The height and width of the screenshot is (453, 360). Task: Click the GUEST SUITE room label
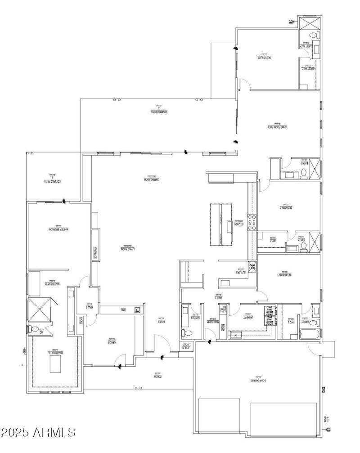click(267, 57)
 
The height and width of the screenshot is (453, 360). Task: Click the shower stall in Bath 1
click(314, 170)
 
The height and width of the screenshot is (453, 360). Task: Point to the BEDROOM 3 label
click(286, 207)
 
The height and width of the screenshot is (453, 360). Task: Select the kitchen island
click(221, 224)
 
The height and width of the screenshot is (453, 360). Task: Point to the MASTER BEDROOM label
click(58, 229)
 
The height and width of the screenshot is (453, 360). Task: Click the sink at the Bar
click(137, 309)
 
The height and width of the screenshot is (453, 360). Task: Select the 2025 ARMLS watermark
click(39, 433)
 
